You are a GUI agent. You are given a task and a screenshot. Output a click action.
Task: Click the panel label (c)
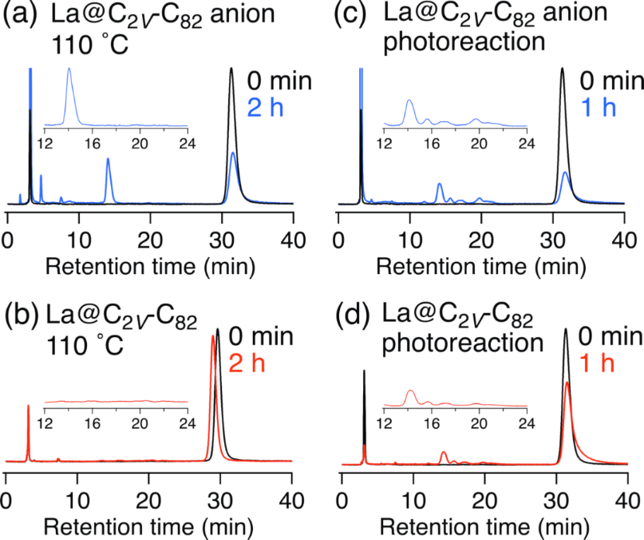(x=358, y=15)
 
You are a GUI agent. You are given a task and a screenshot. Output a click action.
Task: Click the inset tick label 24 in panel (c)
(x=526, y=144)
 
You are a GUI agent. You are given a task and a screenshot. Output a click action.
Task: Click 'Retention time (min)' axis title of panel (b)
(x=148, y=527)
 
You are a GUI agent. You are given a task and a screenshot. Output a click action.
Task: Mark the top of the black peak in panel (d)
(x=566, y=330)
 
